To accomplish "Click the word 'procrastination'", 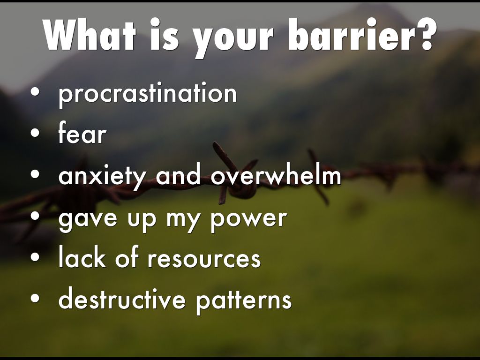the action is [x=148, y=93].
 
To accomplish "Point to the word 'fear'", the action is [x=82, y=132].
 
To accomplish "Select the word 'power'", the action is [x=248, y=219].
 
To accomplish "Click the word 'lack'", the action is [x=82, y=256].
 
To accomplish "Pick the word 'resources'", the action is [x=204, y=259].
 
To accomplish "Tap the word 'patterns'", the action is [x=244, y=300].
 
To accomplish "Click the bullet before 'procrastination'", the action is [x=35, y=92].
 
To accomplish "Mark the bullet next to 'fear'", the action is [x=35, y=133].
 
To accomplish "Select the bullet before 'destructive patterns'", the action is [x=35, y=298].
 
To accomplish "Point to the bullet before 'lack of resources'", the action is [x=35, y=256].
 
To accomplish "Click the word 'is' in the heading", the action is [x=164, y=34].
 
